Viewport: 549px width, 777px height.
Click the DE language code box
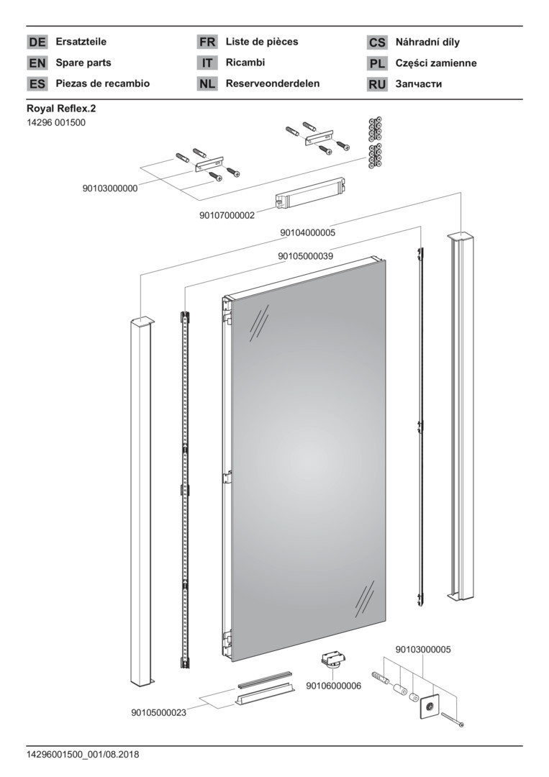[x=37, y=42]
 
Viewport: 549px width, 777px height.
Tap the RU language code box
[x=377, y=84]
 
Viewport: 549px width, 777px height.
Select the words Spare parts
[x=83, y=63]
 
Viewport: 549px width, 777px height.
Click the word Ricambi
[x=245, y=63]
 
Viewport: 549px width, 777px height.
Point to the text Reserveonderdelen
[x=273, y=83]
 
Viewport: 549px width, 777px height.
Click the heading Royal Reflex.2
[x=61, y=109]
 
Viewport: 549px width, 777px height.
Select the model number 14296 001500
[x=55, y=123]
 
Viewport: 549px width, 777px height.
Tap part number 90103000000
[x=110, y=188]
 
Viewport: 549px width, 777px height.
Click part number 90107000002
[x=227, y=215]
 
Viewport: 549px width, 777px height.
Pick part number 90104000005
[x=307, y=232]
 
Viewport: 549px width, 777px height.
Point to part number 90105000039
[x=305, y=255]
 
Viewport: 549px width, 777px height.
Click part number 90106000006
[x=334, y=686]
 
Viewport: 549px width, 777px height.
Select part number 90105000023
[x=159, y=712]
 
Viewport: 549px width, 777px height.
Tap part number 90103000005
[x=423, y=649]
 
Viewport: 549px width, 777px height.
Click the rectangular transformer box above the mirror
[x=310, y=195]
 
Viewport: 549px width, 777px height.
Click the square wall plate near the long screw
[x=430, y=707]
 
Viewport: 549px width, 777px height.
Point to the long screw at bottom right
[x=453, y=719]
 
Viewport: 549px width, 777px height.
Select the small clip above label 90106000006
[x=332, y=660]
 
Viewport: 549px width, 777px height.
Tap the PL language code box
[x=377, y=63]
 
